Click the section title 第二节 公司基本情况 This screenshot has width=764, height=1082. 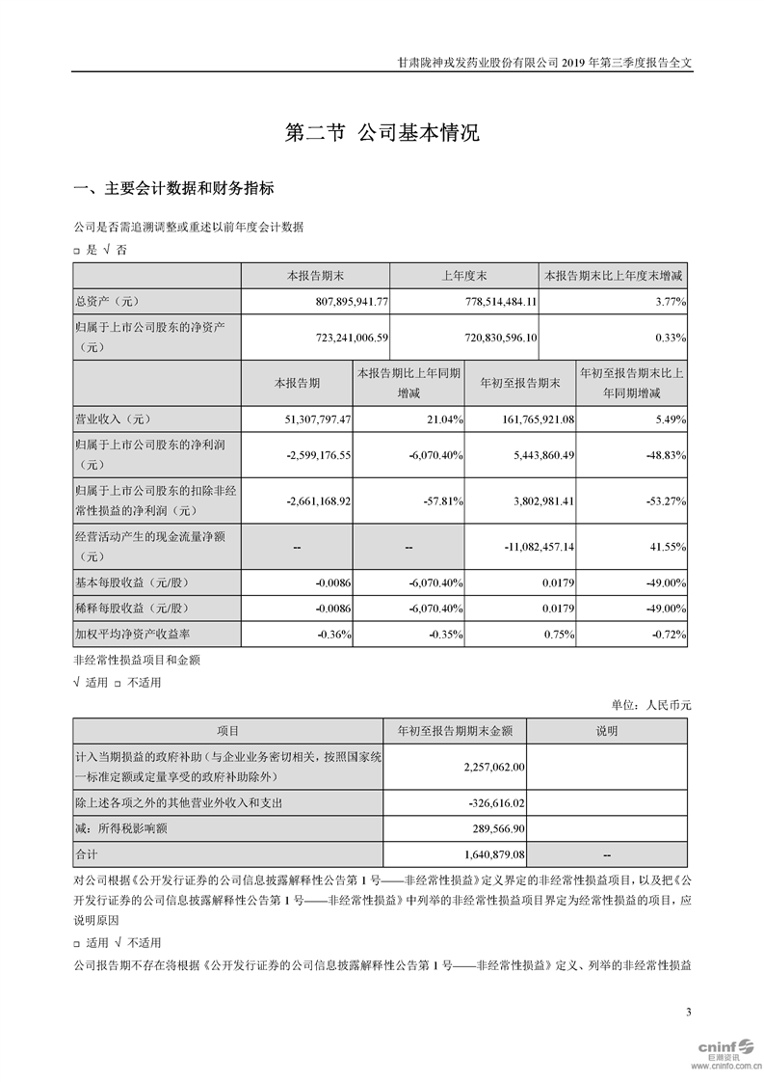[382, 133]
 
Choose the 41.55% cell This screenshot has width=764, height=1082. [668, 547]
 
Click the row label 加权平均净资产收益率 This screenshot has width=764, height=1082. [133, 634]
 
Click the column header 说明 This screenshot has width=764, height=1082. [609, 731]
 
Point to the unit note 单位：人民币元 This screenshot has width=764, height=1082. [651, 705]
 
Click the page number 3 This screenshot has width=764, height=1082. [688, 1012]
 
